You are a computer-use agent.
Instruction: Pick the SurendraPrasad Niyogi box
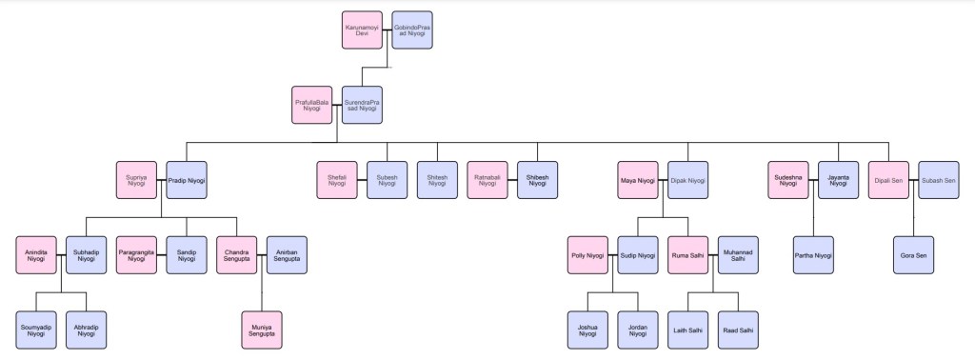(x=362, y=105)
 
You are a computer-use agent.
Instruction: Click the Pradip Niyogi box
(x=187, y=179)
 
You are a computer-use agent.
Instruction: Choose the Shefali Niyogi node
(x=337, y=179)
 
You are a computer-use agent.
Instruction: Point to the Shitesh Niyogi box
(x=437, y=179)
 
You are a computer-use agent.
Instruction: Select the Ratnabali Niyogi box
(x=487, y=179)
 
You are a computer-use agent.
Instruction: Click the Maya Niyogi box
(x=638, y=179)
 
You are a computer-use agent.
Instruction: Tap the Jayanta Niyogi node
(x=838, y=179)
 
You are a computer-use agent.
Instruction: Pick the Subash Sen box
(x=938, y=179)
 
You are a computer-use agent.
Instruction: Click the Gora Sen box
(x=913, y=255)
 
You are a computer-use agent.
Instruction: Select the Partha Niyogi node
(x=812, y=255)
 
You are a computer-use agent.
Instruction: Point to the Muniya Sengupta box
(x=262, y=330)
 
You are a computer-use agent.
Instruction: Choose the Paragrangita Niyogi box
(x=136, y=255)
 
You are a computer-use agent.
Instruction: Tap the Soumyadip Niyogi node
(x=36, y=330)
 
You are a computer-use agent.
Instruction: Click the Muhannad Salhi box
(x=738, y=255)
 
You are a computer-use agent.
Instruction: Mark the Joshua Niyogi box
(x=587, y=330)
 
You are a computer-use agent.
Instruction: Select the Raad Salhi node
(x=738, y=330)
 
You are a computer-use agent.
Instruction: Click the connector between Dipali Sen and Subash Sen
(x=913, y=179)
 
